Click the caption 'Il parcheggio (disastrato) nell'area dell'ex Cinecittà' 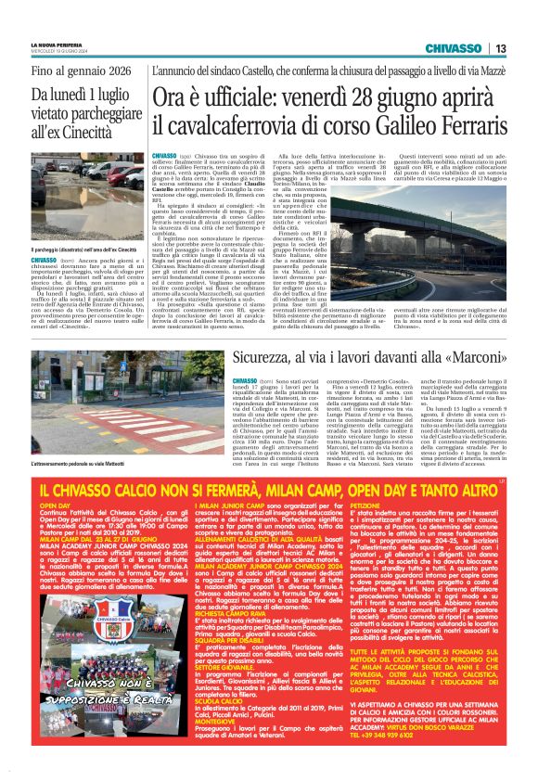(x=83, y=250)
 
